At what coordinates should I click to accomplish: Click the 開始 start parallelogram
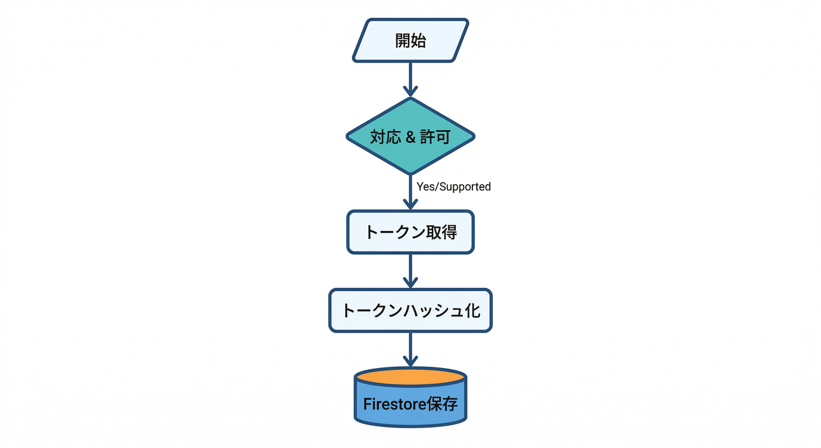(410, 40)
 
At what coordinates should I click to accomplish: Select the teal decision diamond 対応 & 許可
(410, 136)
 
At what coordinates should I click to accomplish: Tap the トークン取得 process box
(410, 232)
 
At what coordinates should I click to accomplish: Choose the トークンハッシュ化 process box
(410, 310)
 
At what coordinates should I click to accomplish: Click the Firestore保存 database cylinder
(410, 402)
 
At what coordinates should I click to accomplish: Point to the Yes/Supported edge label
(454, 187)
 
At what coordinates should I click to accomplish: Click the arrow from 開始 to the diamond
(410, 79)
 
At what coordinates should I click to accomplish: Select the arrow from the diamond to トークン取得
(410, 192)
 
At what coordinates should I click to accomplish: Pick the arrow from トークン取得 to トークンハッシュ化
(410, 271)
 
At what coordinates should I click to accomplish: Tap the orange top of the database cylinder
(410, 377)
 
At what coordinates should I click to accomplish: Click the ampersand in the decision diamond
(410, 137)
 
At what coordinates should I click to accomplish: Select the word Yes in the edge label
(424, 187)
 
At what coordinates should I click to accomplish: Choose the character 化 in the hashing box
(472, 310)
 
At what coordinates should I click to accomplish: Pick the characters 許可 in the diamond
(436, 137)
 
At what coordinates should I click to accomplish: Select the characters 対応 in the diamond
(385, 137)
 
